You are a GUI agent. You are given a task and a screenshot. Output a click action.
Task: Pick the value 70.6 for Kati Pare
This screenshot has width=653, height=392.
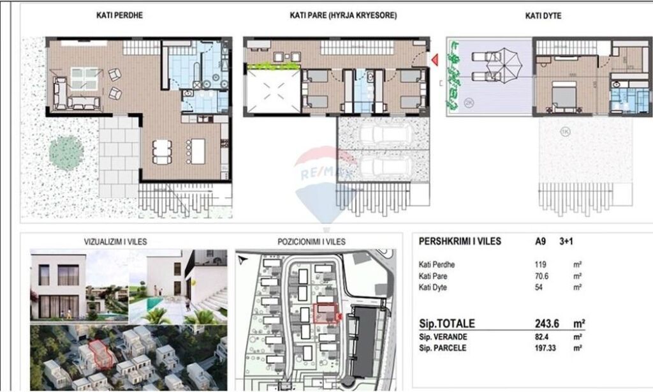[x=541, y=276]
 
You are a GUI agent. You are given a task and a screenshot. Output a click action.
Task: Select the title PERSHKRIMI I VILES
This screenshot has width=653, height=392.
[x=459, y=242]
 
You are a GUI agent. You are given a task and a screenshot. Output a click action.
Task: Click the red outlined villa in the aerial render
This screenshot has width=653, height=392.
[x=99, y=353]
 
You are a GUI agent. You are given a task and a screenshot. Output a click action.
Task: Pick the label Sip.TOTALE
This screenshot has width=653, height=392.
[x=446, y=324]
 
